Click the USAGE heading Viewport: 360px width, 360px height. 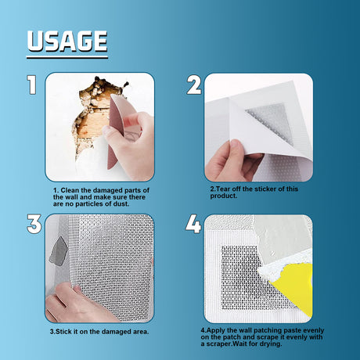coord(67,41)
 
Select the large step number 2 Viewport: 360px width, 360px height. coord(194,85)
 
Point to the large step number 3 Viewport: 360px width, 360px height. coord(34,223)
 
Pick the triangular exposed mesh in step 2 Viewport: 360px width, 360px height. coord(270,121)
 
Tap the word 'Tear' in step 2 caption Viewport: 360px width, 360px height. coord(224,189)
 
